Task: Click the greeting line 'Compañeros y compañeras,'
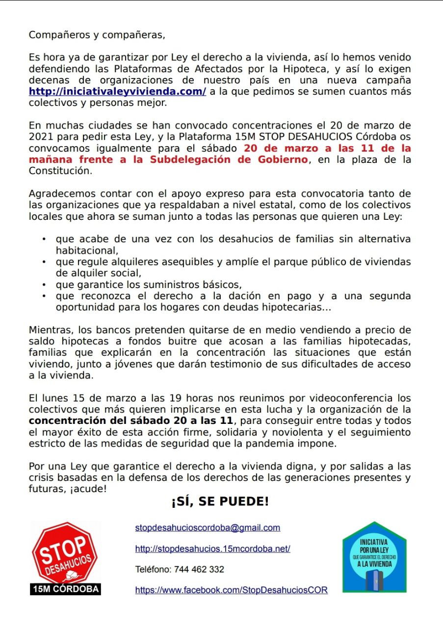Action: pyautogui.click(x=97, y=35)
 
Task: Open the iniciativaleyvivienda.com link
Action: pyautogui.click(x=117, y=92)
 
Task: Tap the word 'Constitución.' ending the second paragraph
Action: pyautogui.click(x=60, y=171)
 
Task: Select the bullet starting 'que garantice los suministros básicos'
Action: pyautogui.click(x=149, y=285)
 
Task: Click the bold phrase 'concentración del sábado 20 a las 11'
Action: pyautogui.click(x=131, y=420)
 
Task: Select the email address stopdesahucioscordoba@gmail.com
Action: pyautogui.click(x=208, y=528)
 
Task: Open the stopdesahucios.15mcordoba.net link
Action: pyautogui.click(x=212, y=549)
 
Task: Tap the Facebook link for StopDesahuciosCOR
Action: pyautogui.click(x=231, y=590)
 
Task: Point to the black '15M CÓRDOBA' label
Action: pyautogui.click(x=65, y=589)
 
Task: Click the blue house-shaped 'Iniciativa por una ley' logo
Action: pyautogui.click(x=374, y=557)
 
